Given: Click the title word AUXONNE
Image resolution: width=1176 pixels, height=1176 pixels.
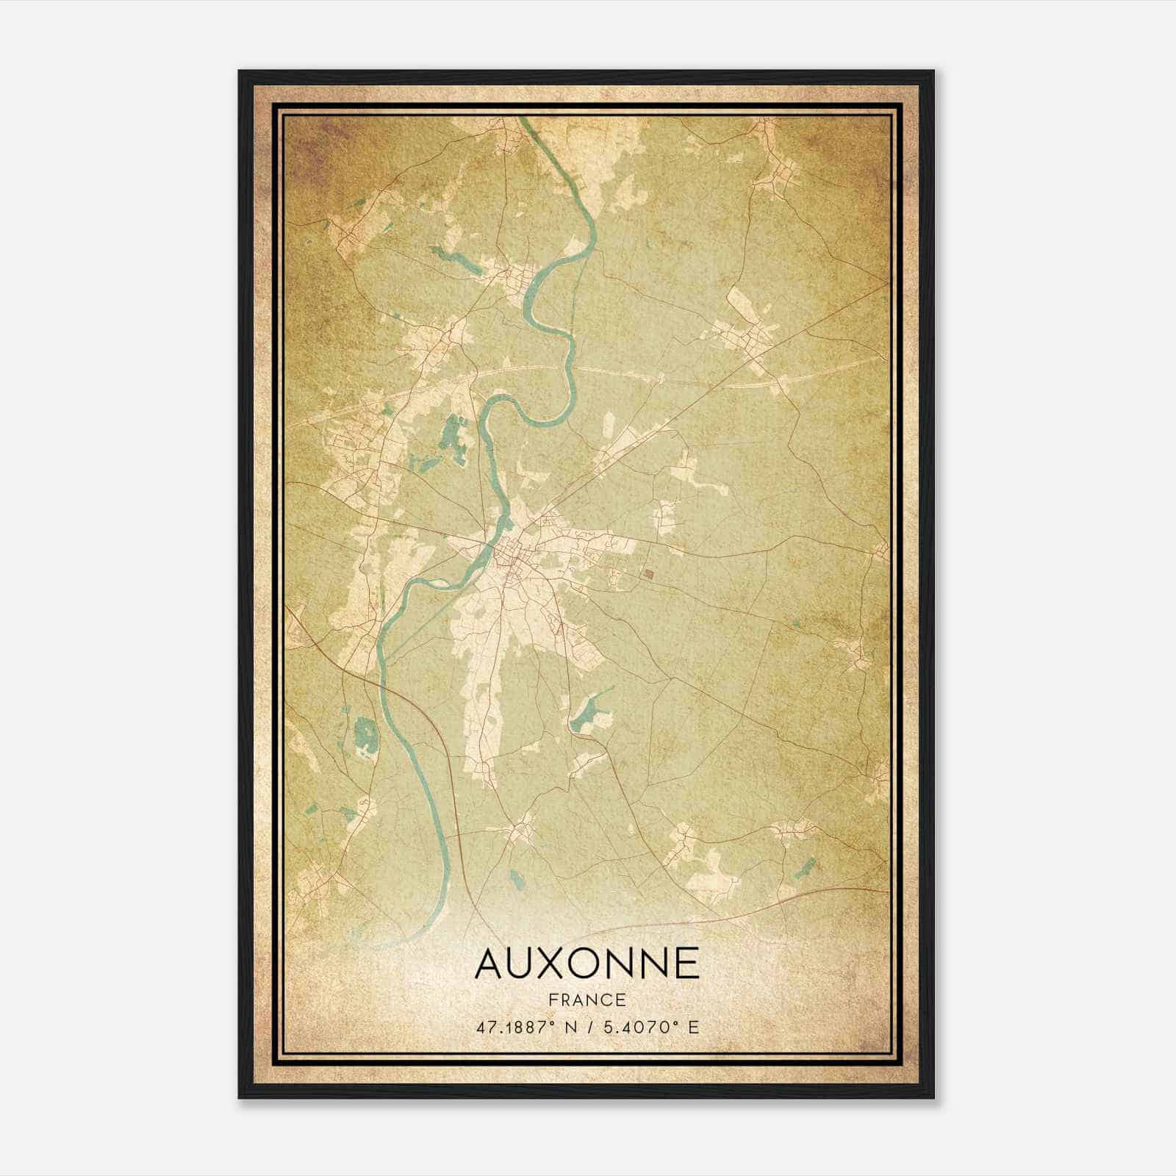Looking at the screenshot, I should pos(587,964).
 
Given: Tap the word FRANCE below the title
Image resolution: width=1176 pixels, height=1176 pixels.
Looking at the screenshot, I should pos(587,1000).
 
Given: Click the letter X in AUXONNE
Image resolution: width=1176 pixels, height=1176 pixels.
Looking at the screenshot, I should pos(551,964).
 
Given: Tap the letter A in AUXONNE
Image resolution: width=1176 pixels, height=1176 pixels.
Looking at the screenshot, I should pos(489,964).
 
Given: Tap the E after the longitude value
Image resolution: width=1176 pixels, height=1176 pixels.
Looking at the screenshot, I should pos(693,1027).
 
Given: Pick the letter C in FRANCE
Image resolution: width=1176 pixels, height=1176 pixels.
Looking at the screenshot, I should pos(608,1000).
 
